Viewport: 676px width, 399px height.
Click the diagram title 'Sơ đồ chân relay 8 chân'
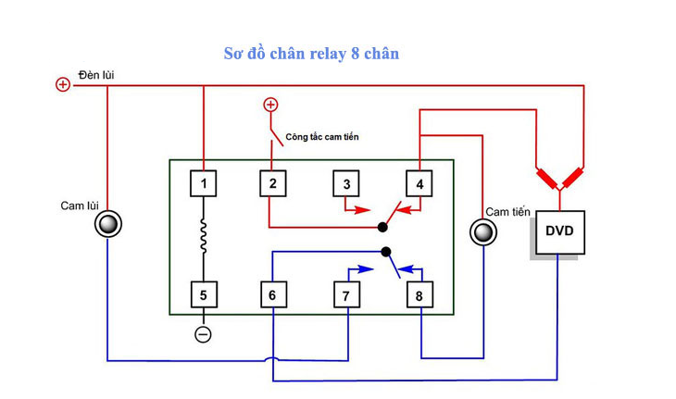coord(311,53)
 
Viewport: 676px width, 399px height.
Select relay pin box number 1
coord(204,183)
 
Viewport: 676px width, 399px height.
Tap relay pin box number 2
coord(272,183)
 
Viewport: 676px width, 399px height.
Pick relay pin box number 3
coord(346,183)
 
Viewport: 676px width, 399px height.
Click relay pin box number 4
coord(419,183)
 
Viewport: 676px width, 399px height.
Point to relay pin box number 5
coord(204,295)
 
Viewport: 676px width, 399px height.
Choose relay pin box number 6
coord(272,295)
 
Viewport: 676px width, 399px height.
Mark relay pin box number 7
coord(346,295)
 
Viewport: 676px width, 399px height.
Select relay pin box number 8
coord(419,295)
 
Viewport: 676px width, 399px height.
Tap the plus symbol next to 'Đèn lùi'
coord(63,85)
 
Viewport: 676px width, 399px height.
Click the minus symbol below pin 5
coord(204,334)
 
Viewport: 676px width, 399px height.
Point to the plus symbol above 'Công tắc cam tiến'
coord(270,105)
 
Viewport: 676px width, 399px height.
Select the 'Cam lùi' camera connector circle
coord(108,224)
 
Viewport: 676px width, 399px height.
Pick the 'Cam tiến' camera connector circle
coord(482,231)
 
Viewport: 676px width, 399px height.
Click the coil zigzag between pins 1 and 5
coord(204,239)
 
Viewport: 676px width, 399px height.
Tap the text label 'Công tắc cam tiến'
coord(321,137)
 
